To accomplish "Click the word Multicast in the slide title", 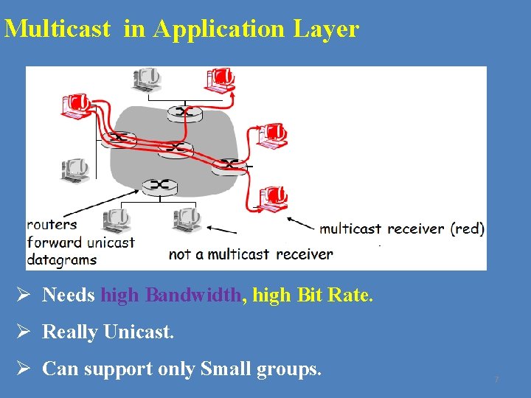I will (x=58, y=29).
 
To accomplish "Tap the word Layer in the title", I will (x=326, y=29).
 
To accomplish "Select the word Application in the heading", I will (x=218, y=29).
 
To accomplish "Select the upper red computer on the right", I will (x=271, y=134).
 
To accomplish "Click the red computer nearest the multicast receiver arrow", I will (x=273, y=197).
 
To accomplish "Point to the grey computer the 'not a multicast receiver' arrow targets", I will (x=187, y=219).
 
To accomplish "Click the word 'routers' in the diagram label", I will (x=52, y=224).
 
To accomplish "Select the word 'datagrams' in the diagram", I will (x=61, y=259).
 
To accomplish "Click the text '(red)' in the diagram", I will (x=468, y=228).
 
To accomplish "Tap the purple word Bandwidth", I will (x=193, y=296).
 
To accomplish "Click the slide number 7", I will (x=496, y=380).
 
